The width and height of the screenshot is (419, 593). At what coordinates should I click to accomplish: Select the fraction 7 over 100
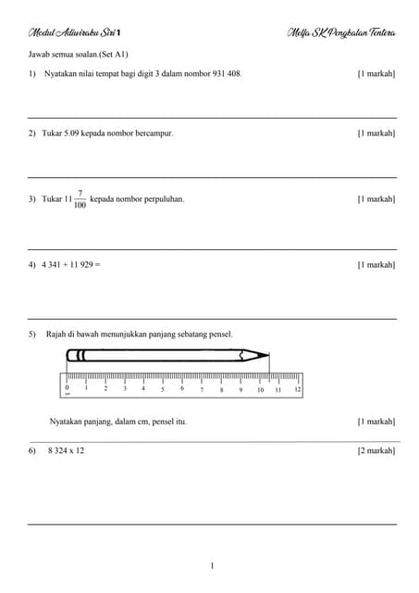80,199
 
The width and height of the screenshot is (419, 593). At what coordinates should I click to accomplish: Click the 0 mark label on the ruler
67,388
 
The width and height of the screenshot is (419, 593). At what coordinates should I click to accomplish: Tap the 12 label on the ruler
297,389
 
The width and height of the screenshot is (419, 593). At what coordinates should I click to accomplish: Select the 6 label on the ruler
182,389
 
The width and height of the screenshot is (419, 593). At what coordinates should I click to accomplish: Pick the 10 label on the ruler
260,390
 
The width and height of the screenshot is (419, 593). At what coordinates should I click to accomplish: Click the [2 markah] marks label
376,450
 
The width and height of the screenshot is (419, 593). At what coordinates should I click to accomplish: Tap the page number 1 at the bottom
212,565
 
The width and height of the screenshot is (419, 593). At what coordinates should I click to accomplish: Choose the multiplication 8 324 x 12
66,450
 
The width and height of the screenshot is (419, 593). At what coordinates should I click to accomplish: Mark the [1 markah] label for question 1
376,72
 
